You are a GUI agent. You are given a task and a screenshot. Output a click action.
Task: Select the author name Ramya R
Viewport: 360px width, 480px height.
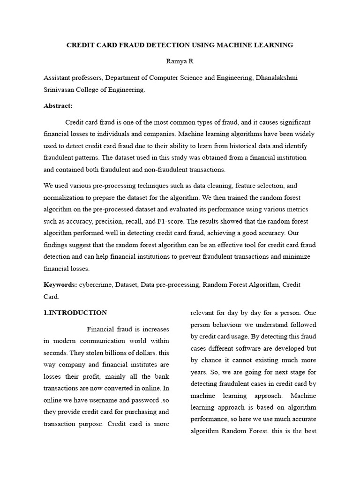coord(180,61)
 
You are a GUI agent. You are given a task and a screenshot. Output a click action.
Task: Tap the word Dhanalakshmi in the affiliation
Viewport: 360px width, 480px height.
coord(276,78)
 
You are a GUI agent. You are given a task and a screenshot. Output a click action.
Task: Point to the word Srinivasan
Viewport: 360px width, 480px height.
coord(60,90)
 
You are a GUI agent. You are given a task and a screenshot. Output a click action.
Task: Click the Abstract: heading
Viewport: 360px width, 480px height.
coord(58,106)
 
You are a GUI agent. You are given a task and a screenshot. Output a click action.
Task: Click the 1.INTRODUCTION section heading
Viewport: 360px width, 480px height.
coord(75,313)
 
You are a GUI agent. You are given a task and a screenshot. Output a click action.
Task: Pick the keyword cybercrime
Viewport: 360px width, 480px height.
coord(96,285)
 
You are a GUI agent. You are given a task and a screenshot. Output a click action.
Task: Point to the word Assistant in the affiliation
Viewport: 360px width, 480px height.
coord(59,78)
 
